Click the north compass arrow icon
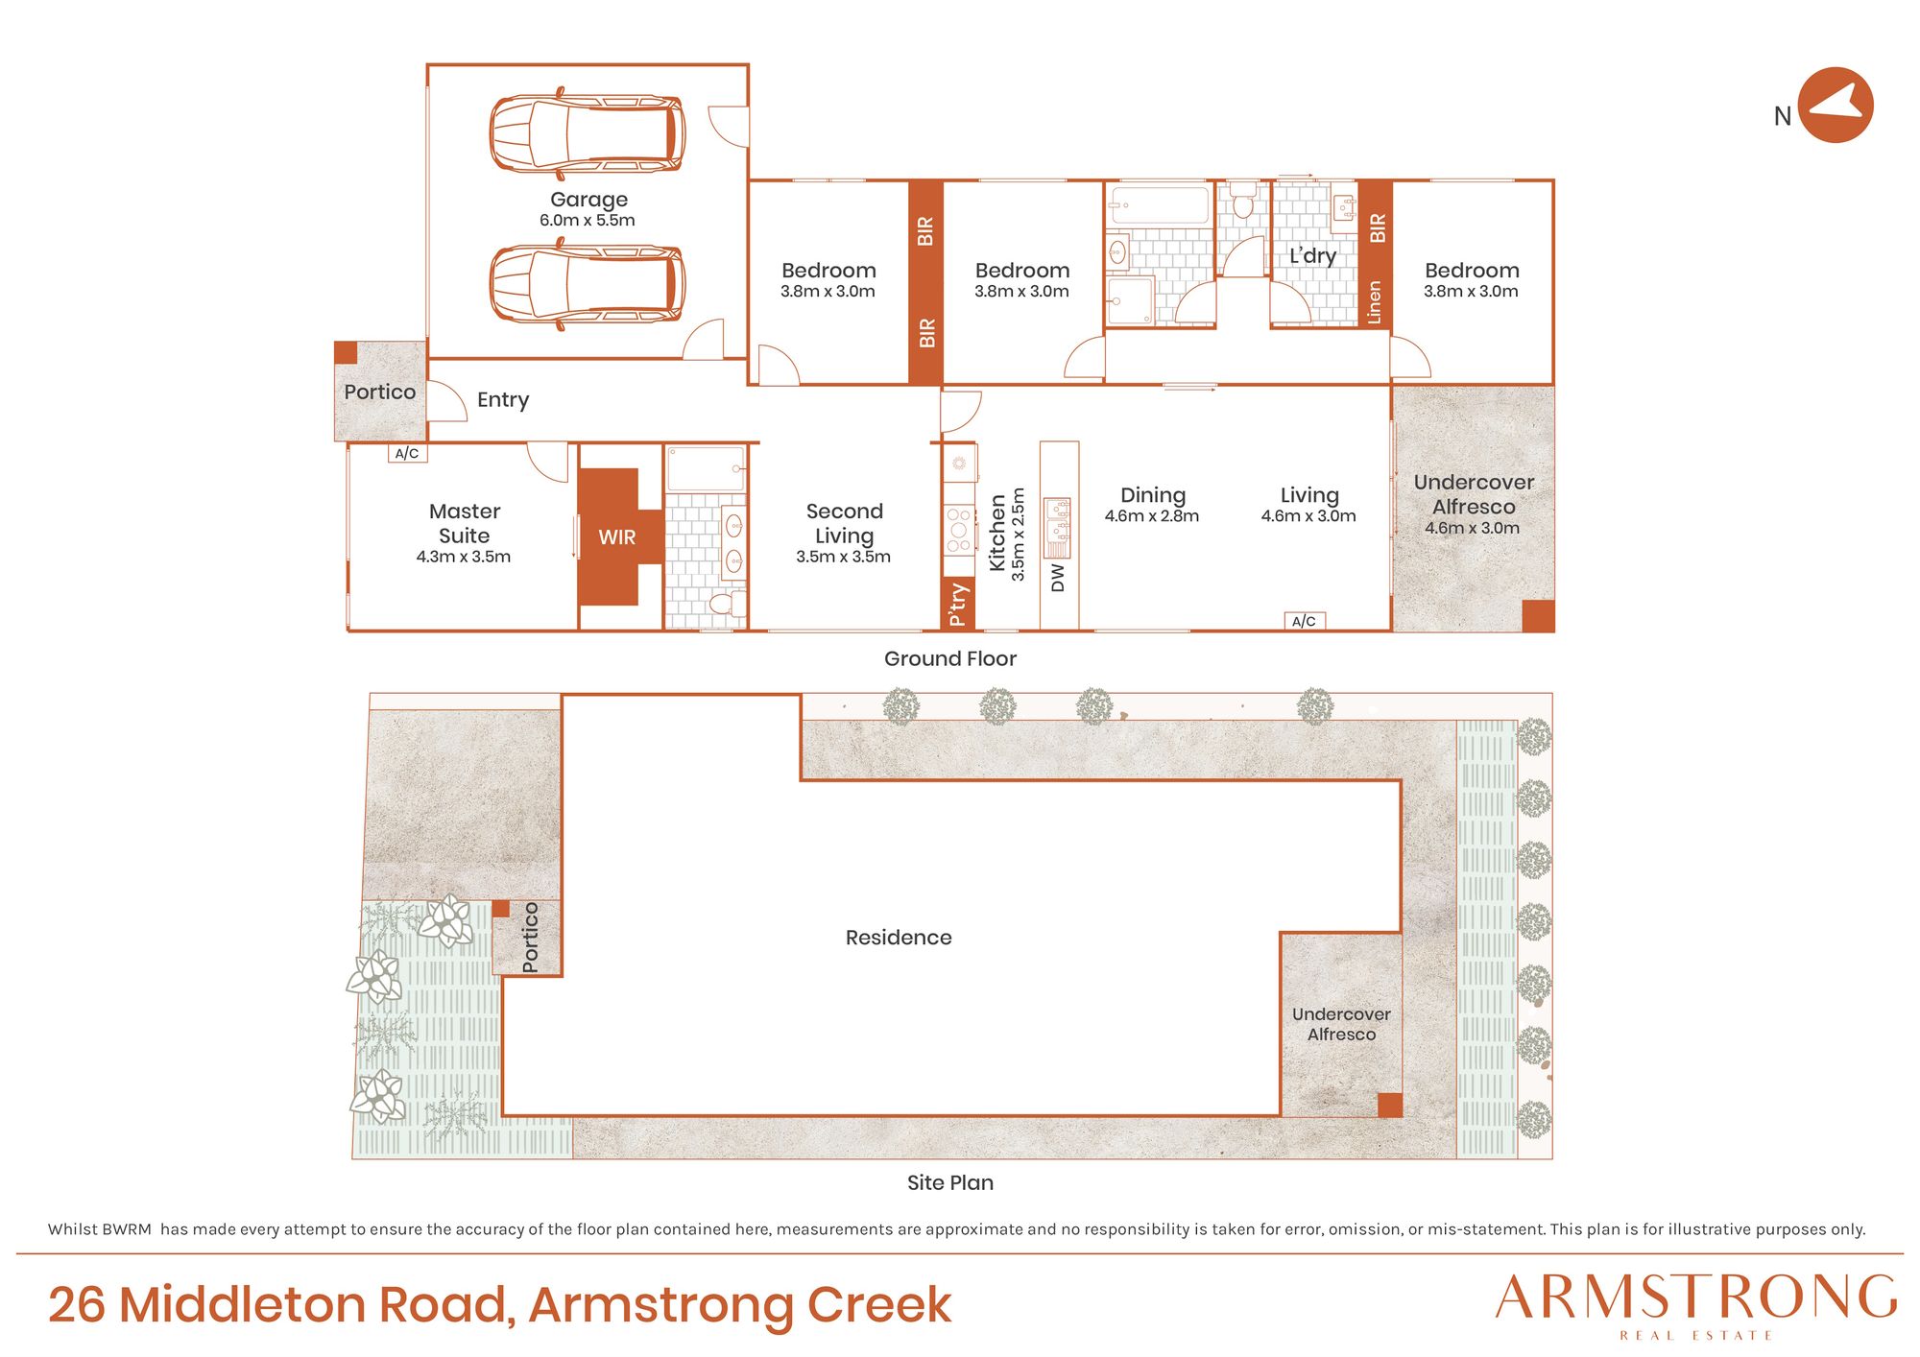1836,106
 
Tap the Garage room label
588,200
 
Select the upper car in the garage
588,133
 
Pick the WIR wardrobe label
616,537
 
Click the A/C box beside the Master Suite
407,453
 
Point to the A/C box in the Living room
1305,621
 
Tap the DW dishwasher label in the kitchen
1058,578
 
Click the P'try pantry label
958,605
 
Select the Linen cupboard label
1375,302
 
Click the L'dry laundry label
1312,255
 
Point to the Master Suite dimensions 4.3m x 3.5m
464,557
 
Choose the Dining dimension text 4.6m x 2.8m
1152,516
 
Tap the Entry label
503,400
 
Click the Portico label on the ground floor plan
380,392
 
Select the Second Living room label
844,523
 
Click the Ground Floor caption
950,659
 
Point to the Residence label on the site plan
899,938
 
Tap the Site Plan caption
950,1182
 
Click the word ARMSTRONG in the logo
1696,1297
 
